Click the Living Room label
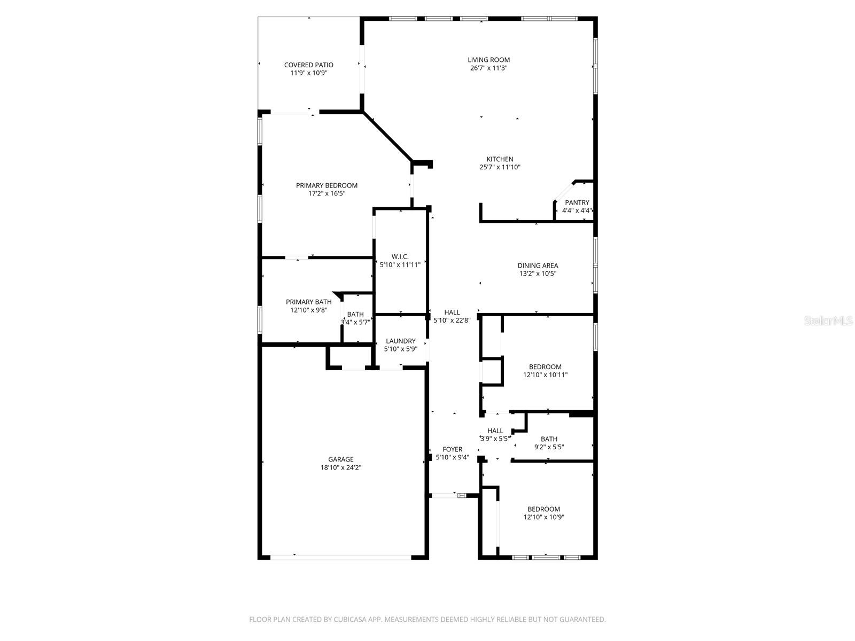(488, 60)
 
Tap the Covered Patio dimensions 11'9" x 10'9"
(308, 73)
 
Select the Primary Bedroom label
(327, 185)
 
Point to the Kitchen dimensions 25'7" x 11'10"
(500, 167)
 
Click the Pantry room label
(577, 202)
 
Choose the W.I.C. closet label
(400, 256)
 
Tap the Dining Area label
(538, 265)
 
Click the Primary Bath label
(308, 302)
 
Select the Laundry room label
(400, 341)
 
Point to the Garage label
(340, 459)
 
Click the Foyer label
(452, 449)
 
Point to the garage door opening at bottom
(340, 557)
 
